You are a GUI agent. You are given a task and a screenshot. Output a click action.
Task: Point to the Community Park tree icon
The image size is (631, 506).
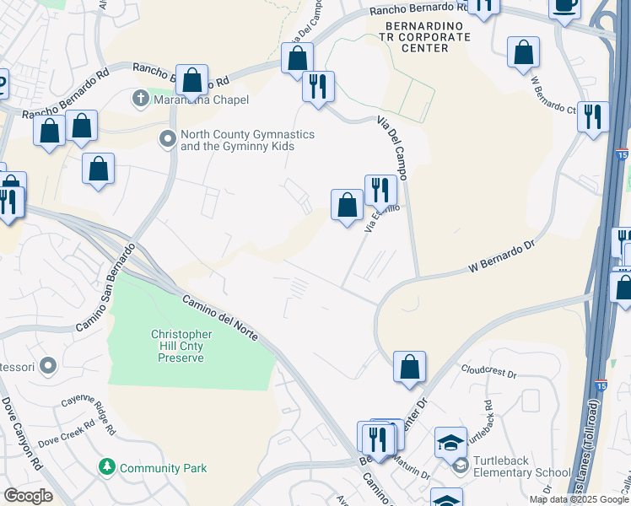107,467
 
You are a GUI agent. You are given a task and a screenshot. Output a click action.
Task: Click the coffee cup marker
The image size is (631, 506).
564,5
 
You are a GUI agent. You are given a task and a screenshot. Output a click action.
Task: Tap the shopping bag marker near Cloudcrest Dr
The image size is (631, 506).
409,368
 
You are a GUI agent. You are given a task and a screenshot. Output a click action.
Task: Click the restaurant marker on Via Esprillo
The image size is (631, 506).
380,191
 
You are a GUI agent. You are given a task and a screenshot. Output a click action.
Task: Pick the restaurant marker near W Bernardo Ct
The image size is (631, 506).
593,116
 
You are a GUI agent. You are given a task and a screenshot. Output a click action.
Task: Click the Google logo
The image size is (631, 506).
28,496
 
